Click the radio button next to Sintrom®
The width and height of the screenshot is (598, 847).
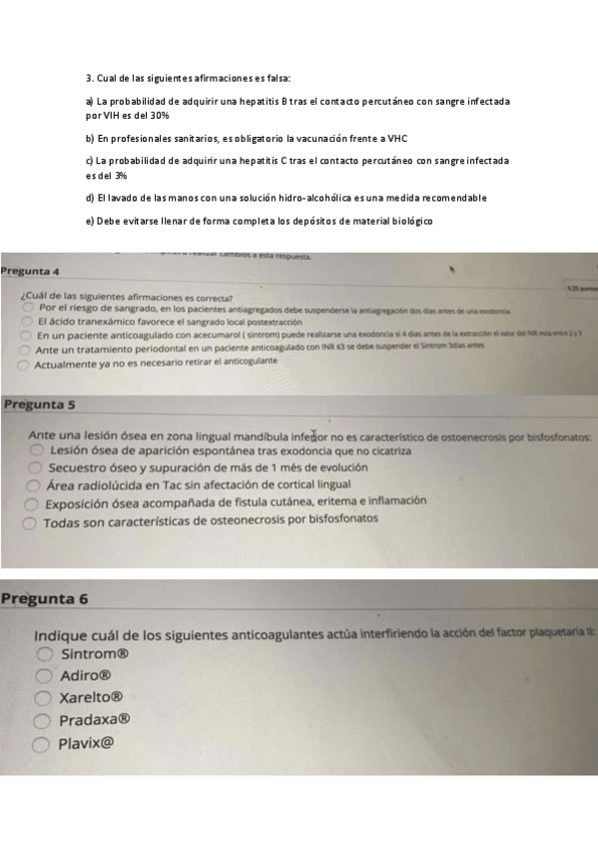pos(44,655)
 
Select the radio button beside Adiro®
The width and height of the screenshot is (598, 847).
pos(44,676)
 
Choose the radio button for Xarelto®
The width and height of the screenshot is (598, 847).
pos(44,698)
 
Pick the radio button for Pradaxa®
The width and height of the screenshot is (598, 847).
pos(44,720)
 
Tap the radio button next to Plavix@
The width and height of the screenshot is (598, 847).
pos(44,743)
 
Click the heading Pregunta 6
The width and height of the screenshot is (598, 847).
pos(45,599)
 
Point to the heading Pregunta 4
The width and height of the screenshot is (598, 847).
pos(31,272)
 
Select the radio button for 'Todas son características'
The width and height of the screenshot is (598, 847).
pos(33,522)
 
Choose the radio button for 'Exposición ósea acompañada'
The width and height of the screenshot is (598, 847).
pos(34,504)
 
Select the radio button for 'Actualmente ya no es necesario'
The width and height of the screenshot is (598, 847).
pos(24,366)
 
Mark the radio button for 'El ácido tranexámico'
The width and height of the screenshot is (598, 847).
pos(27,323)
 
